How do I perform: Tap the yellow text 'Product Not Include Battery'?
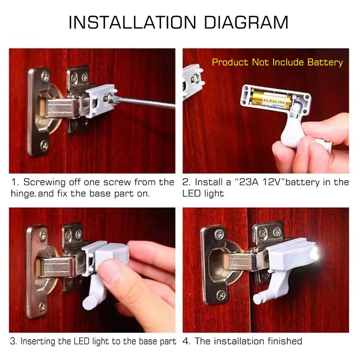tap(277, 62)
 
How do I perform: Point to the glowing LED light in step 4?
tap(314, 255)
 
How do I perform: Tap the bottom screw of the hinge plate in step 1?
tap(44, 145)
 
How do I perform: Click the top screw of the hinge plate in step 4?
tap(219, 234)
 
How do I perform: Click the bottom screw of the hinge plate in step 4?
tap(220, 295)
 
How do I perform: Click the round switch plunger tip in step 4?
tap(257, 298)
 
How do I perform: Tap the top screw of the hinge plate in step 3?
tap(43, 235)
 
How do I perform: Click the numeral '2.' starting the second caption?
tap(187, 182)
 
